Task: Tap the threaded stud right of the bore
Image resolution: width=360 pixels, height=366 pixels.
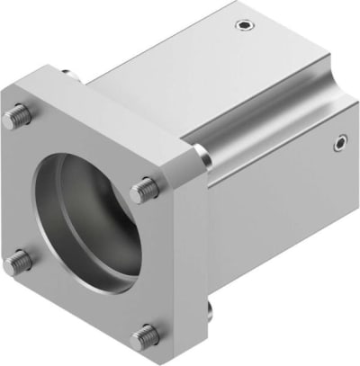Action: click(x=143, y=190)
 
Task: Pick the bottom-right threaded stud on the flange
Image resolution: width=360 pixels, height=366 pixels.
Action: click(x=143, y=338)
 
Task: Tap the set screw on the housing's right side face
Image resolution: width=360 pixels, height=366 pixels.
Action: click(x=339, y=140)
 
